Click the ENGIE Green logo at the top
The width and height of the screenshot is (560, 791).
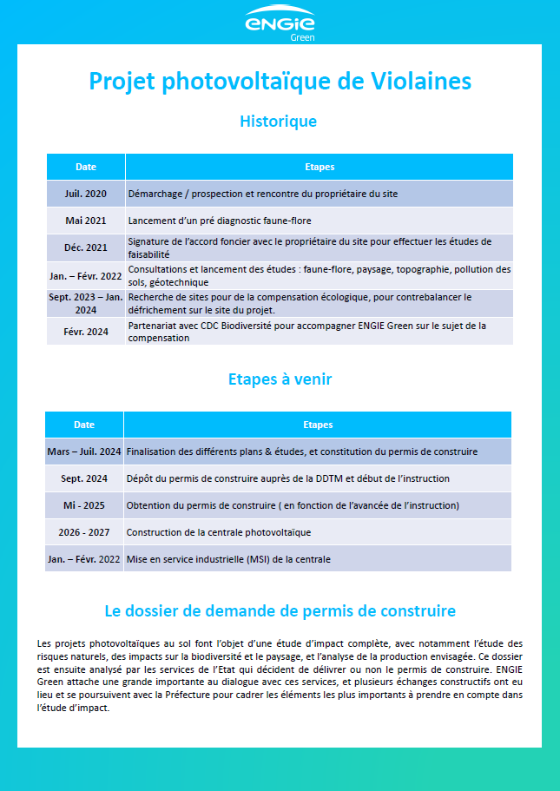pos(280,23)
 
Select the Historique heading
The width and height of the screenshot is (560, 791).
pos(278,122)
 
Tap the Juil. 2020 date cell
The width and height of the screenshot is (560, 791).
pos(86,194)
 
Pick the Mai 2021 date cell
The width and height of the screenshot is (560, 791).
pos(86,221)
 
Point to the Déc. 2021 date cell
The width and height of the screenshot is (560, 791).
pos(86,247)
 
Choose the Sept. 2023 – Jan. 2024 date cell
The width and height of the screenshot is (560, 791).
pos(86,303)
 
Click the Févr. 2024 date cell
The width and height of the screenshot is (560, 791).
pos(86,331)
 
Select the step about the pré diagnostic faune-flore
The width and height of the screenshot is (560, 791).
pos(220,221)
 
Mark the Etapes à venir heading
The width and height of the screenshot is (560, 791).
pos(280,379)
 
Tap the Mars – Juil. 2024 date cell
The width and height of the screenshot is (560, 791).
pos(84,452)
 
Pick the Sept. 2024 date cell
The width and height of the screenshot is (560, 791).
pos(84,478)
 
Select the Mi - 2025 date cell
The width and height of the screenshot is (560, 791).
pos(84,505)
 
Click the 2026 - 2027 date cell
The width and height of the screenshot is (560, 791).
pos(84,532)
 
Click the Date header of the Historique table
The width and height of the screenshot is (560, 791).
pos(86,167)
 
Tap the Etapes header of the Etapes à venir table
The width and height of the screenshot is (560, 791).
pos(318,425)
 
